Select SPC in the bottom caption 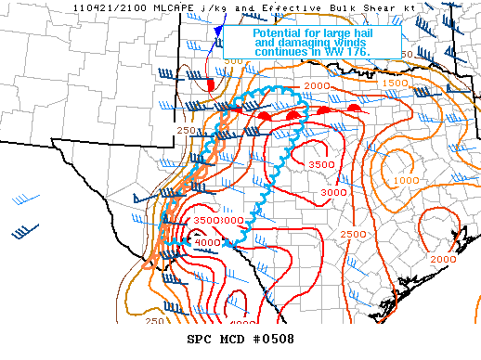[201, 339]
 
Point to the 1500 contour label [394, 84]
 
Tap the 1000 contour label [405, 180]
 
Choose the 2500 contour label [353, 235]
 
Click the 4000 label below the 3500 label [206, 243]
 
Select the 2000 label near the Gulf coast [444, 259]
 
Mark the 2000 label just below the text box [317, 85]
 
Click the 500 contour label [233, 60]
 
